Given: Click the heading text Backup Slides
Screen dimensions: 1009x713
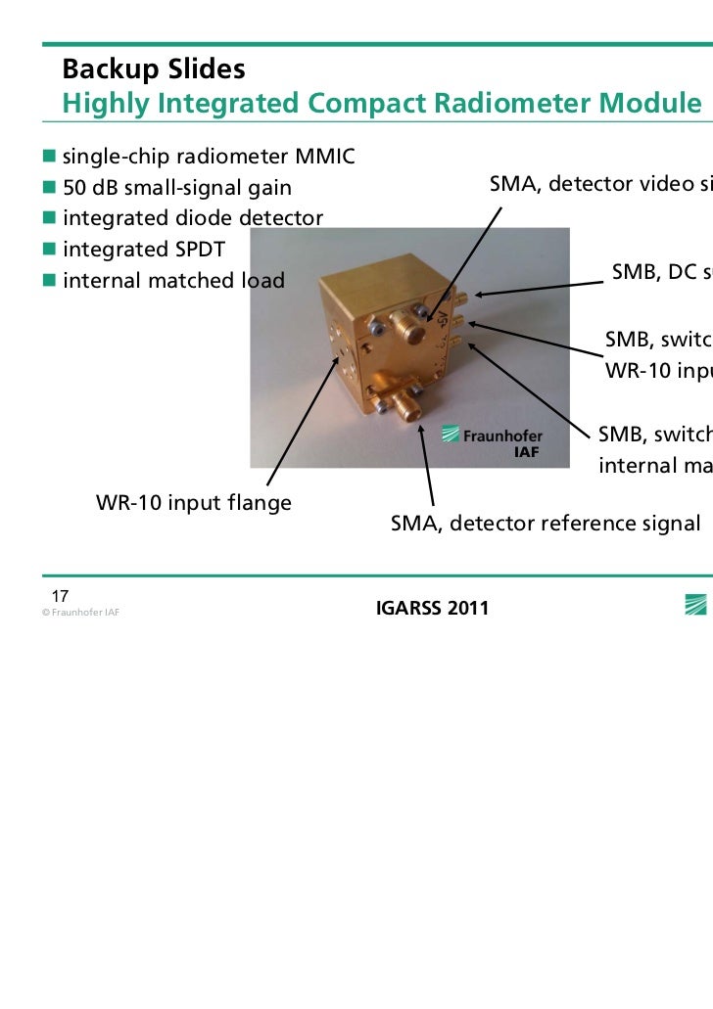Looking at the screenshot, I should (x=153, y=70).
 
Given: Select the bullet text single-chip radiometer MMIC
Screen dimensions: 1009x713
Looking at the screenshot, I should (x=209, y=157).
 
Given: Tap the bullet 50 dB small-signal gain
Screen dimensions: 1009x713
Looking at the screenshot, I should (x=177, y=187).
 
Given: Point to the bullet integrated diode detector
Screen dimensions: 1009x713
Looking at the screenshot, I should (x=193, y=217).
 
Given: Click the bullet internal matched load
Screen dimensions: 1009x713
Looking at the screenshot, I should (x=173, y=282).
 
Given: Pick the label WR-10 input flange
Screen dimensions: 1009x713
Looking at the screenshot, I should (x=193, y=504).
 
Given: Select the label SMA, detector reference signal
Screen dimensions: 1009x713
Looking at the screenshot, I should (x=546, y=524).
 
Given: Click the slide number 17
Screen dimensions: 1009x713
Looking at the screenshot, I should (x=60, y=597).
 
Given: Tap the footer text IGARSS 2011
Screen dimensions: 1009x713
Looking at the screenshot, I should (x=432, y=610).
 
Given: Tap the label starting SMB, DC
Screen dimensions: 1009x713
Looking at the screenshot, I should (x=661, y=272).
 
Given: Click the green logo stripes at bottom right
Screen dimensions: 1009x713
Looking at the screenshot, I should (x=697, y=606).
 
